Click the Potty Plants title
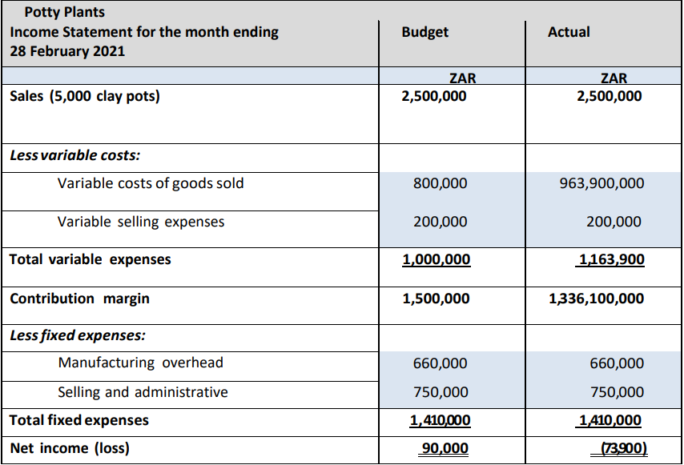click(x=65, y=12)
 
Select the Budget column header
click(x=424, y=32)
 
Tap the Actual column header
click(x=569, y=32)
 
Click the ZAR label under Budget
click(x=462, y=78)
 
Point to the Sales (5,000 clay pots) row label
click(x=85, y=96)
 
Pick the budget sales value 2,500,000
click(x=434, y=96)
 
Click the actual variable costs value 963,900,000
click(x=602, y=183)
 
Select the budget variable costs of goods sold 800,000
click(x=441, y=183)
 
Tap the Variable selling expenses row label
click(x=141, y=222)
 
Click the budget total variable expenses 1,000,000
click(x=437, y=260)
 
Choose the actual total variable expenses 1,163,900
click(x=610, y=260)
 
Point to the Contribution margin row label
click(x=80, y=299)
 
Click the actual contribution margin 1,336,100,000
click(x=597, y=299)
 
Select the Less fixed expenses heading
click(x=78, y=335)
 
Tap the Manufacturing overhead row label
click(x=140, y=363)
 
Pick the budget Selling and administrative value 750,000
click(x=441, y=392)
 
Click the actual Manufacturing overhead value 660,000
click(x=617, y=363)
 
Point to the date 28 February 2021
click(x=67, y=51)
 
